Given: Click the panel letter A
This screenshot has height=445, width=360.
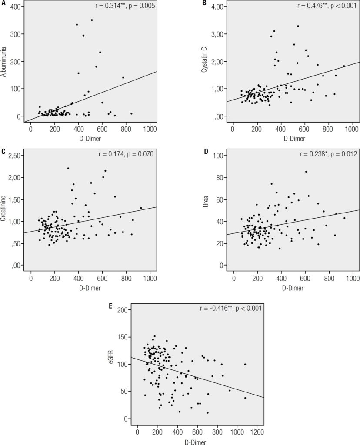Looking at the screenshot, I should point(3,4).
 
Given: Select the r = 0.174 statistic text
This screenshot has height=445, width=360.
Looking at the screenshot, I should point(125,154).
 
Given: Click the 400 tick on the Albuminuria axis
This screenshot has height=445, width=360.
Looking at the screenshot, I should point(17,7).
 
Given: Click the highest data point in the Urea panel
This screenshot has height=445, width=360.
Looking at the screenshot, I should point(306,171).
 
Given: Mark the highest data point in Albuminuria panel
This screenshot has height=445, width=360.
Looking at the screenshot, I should point(91,20).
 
